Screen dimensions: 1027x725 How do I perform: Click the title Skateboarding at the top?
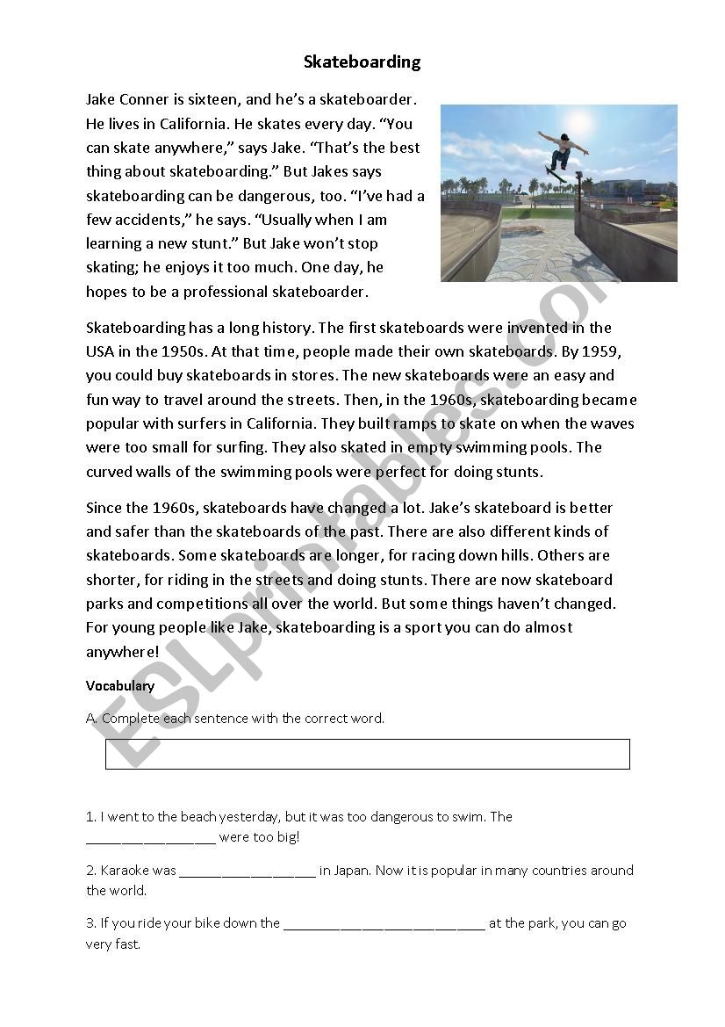pyautogui.click(x=362, y=61)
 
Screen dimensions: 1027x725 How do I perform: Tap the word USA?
pyautogui.click(x=101, y=351)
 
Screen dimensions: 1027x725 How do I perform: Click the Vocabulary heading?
pyautogui.click(x=120, y=685)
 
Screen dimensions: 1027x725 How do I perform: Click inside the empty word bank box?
pyautogui.click(x=367, y=754)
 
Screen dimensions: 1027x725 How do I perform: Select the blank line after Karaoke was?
pyautogui.click(x=247, y=872)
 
